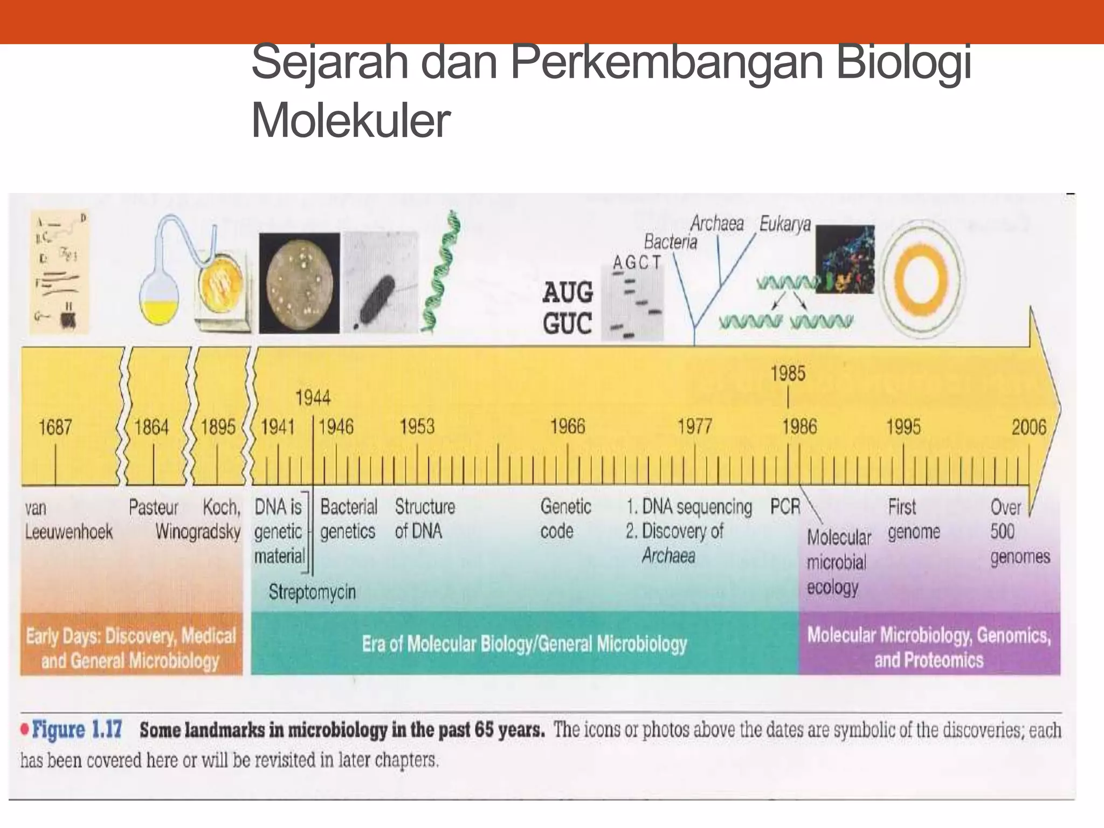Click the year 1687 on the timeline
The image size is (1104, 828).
pos(55,427)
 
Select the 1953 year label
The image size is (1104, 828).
pos(417,427)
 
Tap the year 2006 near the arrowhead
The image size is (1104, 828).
pos(1029,427)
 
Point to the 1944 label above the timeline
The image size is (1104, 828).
pos(313,398)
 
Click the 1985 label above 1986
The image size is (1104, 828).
pos(788,374)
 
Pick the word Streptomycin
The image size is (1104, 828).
pos(312,592)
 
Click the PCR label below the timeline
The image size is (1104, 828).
pos(785,507)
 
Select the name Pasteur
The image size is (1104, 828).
pos(153,507)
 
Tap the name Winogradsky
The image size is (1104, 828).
pos(198,532)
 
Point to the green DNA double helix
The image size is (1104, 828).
pos(443,272)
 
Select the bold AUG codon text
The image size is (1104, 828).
pos(568,293)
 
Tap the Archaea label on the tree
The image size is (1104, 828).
pos(717,223)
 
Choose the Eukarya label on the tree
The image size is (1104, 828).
pos(785,223)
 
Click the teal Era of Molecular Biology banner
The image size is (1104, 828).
pos(524,644)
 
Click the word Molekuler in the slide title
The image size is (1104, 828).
pos(350,121)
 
